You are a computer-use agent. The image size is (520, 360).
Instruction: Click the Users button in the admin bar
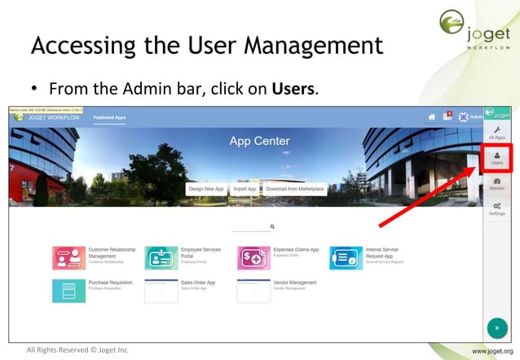click(x=496, y=158)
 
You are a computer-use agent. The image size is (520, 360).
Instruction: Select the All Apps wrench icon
click(x=496, y=133)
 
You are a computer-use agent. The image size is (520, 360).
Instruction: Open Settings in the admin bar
click(x=496, y=209)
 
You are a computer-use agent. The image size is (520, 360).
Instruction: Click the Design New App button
click(x=206, y=189)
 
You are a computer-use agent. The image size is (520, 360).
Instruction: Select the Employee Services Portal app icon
click(x=161, y=257)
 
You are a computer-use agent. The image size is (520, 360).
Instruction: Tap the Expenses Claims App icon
click(x=253, y=257)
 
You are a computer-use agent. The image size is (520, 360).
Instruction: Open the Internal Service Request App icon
click(x=346, y=257)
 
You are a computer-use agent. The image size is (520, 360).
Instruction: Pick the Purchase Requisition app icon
click(x=68, y=291)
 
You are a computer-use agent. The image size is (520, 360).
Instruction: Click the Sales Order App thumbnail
click(x=161, y=291)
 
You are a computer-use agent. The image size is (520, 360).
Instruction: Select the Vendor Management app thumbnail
click(x=253, y=291)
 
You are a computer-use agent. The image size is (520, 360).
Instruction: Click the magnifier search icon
click(x=272, y=227)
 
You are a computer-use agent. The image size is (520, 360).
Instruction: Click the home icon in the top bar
click(x=432, y=117)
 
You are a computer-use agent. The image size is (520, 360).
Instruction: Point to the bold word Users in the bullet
click(x=293, y=87)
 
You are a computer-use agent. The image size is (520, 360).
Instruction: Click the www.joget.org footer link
click(x=492, y=351)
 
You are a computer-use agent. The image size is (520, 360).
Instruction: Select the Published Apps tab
click(x=109, y=117)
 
